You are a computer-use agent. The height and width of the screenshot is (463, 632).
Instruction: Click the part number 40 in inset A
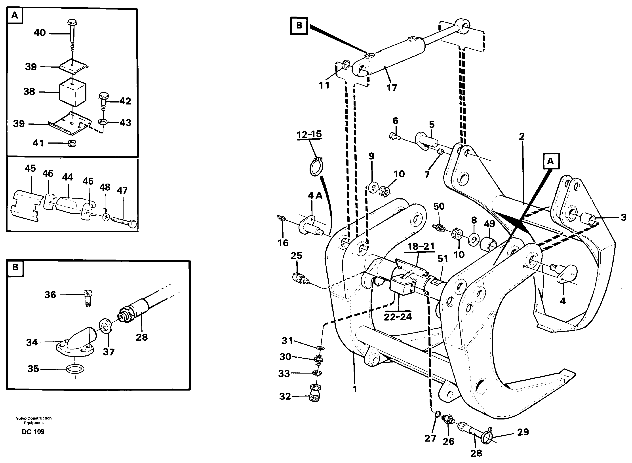(x=40, y=33)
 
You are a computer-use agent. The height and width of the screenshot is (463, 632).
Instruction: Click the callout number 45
(x=30, y=169)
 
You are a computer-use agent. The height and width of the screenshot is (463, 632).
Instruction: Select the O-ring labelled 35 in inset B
(x=75, y=369)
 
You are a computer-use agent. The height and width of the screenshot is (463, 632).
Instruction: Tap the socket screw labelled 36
(x=89, y=295)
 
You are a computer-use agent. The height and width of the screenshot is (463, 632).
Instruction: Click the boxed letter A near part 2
(x=550, y=161)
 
